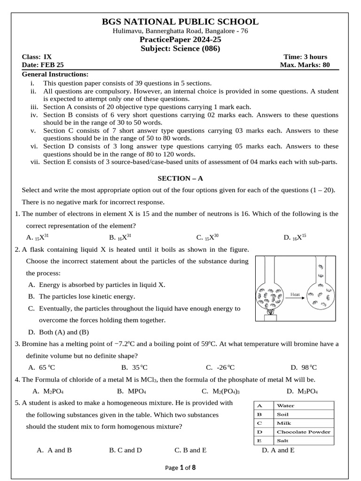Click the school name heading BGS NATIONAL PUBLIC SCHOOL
pyautogui.click(x=180, y=22)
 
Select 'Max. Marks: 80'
pyautogui.click(x=305, y=65)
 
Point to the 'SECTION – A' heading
pyautogui.click(x=180, y=178)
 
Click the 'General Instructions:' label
pyautogui.click(x=55, y=74)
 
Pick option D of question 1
pyautogui.click(x=295, y=237)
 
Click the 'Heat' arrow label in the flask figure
pyautogui.click(x=295, y=295)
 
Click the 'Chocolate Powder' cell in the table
pyautogui.click(x=303, y=432)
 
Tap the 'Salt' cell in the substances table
pyautogui.click(x=283, y=441)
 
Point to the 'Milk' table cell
pyautogui.click(x=284, y=423)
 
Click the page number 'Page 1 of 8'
pyautogui.click(x=180, y=467)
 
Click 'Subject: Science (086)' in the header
pyautogui.click(x=180, y=48)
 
